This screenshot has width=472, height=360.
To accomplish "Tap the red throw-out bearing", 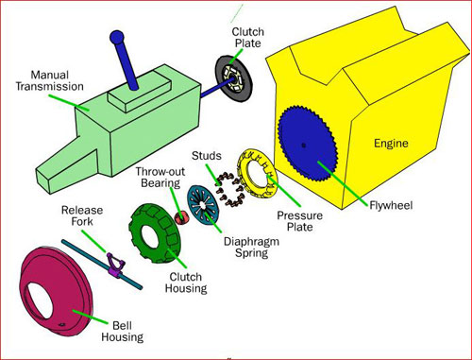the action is pos(181,218).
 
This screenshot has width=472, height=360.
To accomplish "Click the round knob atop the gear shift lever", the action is pos(117,38).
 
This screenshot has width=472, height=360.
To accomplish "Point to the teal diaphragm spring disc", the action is pos(202,205).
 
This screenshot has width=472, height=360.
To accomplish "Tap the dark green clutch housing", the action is pos(154,233).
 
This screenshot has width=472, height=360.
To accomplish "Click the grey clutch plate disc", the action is pos(233,78).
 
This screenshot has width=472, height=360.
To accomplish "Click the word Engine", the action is pos(391,144).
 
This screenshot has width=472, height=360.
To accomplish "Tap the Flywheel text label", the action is pos(391,205).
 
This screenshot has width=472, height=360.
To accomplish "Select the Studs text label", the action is pos(207,156).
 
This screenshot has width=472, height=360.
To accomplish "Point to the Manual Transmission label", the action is pos(50,80).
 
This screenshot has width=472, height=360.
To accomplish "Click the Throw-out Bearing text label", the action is pos(160,178).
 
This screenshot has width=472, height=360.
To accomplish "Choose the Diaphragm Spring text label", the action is pos(251,247).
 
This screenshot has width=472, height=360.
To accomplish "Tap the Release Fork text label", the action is pos(82,215).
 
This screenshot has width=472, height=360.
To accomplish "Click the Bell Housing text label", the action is pos(123,331).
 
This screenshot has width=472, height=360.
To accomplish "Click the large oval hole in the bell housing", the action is pos(39,300).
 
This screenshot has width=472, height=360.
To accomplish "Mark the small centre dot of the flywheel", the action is pos(303,146).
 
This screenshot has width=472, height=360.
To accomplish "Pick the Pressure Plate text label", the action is pos(300,221).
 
